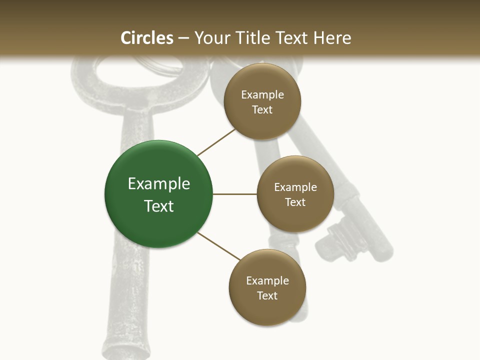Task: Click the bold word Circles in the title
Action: pos(147,38)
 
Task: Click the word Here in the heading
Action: pos(332,38)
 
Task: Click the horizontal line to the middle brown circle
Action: pos(234,194)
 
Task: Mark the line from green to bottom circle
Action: pos(219,246)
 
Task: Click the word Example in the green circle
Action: pos(159,184)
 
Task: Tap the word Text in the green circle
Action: pos(159,206)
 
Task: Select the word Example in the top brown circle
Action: pos(262,95)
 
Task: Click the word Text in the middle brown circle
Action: pos(295,202)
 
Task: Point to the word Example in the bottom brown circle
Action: pos(267,280)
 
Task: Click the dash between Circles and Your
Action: pos(183,38)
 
